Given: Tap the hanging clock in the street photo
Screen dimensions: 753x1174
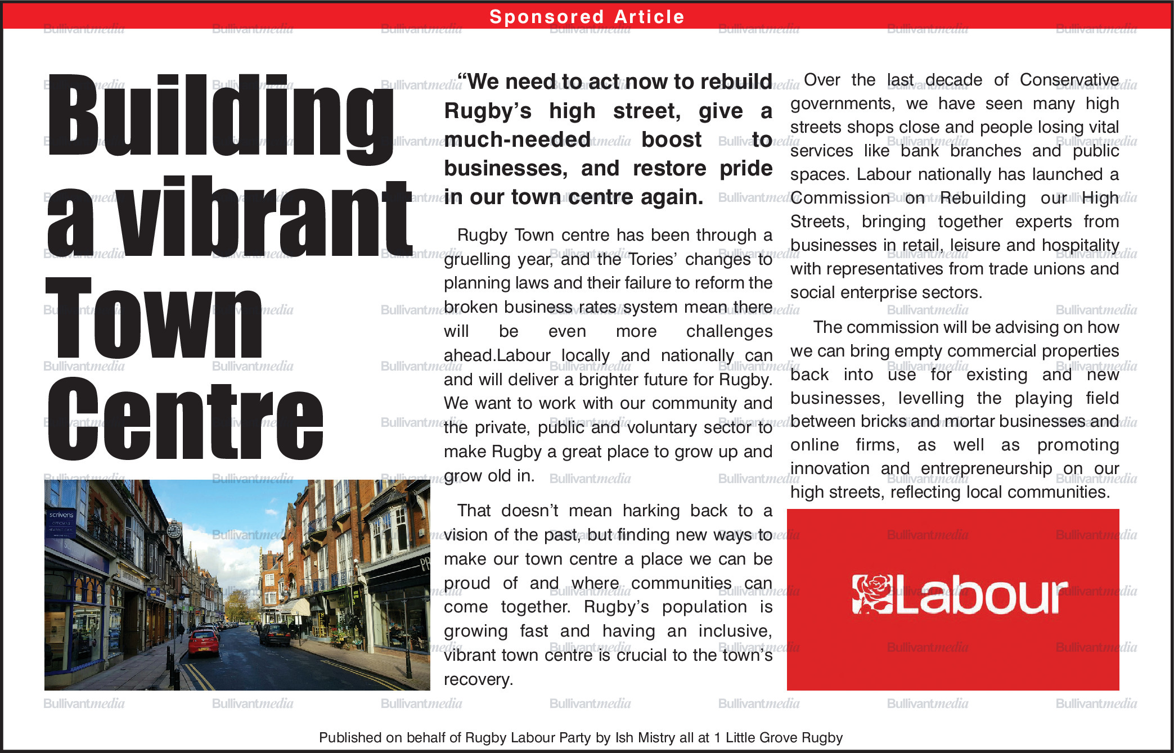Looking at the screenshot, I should coord(174,529).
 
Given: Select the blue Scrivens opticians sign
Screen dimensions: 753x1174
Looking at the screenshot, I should coord(61,522).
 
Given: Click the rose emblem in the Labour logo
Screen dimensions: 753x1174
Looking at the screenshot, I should coord(871,594).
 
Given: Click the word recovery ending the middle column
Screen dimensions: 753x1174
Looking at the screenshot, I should coord(478,679).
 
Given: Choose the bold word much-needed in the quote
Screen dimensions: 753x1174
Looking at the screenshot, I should coord(517,139).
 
